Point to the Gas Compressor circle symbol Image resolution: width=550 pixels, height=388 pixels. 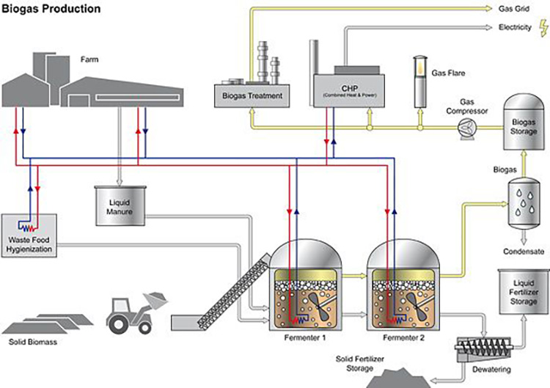coord(465,127)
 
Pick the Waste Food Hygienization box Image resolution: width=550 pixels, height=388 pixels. coord(29,234)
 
